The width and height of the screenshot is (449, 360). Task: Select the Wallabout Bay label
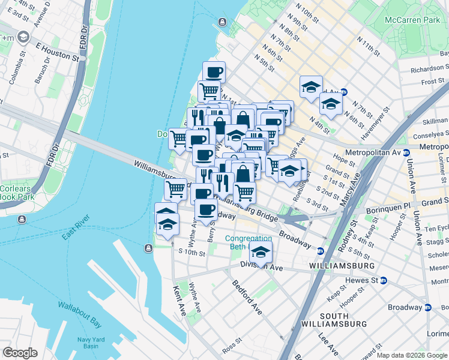[80, 306]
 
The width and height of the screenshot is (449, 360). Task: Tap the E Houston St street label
[58, 52]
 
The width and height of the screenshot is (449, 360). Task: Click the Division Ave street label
[261, 265]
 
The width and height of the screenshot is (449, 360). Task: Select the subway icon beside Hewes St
[384, 280]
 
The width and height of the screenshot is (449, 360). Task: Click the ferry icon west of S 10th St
[148, 248]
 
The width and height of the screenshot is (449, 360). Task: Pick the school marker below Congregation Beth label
[261, 253]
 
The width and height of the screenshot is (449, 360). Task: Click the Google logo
[20, 353]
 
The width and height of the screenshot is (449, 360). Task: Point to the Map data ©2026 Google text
[412, 355]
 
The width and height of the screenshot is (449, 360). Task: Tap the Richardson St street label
[430, 70]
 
